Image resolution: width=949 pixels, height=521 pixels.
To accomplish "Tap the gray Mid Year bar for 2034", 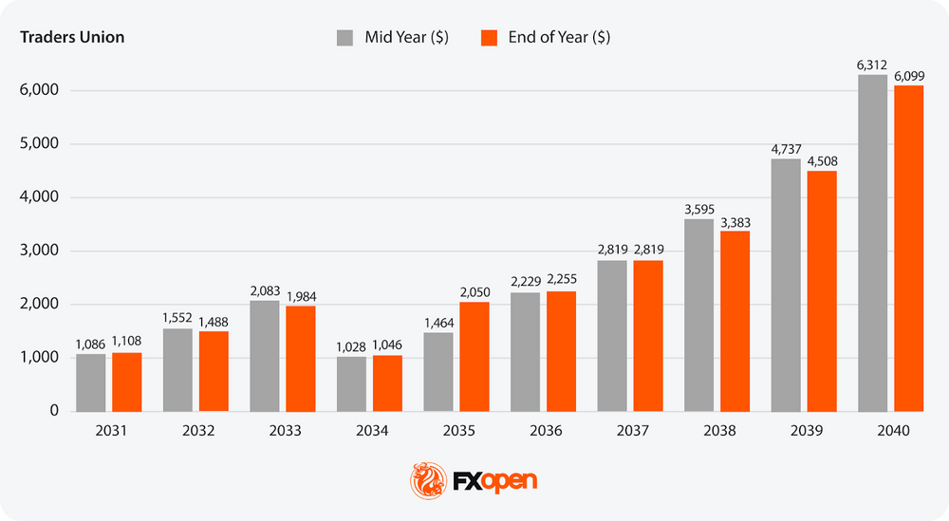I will pos(352,383).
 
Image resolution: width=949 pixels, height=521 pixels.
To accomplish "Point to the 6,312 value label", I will pos(872,65).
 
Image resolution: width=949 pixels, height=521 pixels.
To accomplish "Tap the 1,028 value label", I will pos(352,347).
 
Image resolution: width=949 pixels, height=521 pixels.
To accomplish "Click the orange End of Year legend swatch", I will pos(490,38).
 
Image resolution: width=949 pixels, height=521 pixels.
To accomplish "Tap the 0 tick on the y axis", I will pos(55,411).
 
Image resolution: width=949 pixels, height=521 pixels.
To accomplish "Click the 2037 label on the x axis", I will pos(633,431).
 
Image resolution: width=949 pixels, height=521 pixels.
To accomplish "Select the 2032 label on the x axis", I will pos(197,431).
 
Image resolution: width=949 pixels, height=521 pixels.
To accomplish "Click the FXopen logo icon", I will pos(423,479).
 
